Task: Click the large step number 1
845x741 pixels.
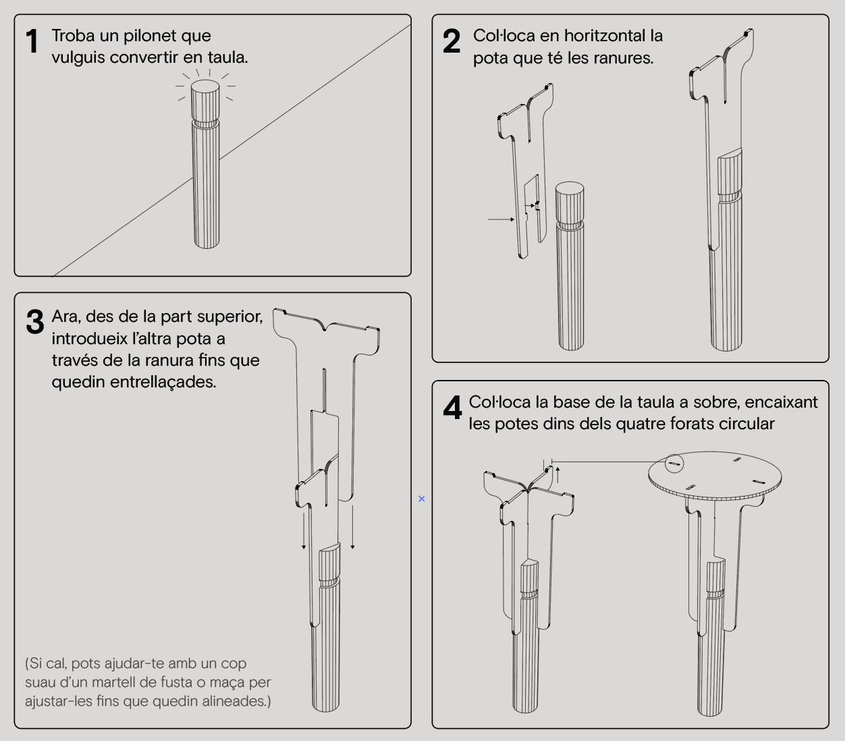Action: coord(32,41)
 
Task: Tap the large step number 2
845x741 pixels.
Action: coord(452,41)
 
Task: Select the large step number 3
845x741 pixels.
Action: coord(35,322)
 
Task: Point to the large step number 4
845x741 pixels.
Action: coord(452,408)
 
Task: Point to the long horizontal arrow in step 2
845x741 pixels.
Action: coord(501,219)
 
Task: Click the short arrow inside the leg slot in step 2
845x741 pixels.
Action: coord(530,206)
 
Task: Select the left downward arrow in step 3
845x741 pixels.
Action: coord(304,530)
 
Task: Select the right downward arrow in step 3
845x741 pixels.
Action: coord(352,527)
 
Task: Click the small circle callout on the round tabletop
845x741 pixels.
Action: coord(674,463)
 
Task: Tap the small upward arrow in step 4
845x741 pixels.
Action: coord(557,475)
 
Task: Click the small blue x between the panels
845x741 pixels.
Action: coord(422,499)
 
